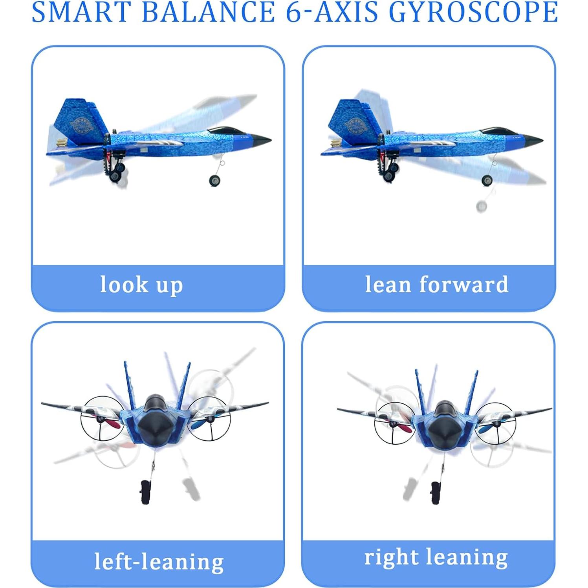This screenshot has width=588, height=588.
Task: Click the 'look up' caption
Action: pyautogui.click(x=141, y=285)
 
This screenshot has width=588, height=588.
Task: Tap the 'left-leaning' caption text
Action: pyautogui.click(x=159, y=561)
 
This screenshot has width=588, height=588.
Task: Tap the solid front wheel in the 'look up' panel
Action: pyautogui.click(x=214, y=180)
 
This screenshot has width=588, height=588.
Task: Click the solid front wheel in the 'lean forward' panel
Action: pyautogui.click(x=487, y=180)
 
